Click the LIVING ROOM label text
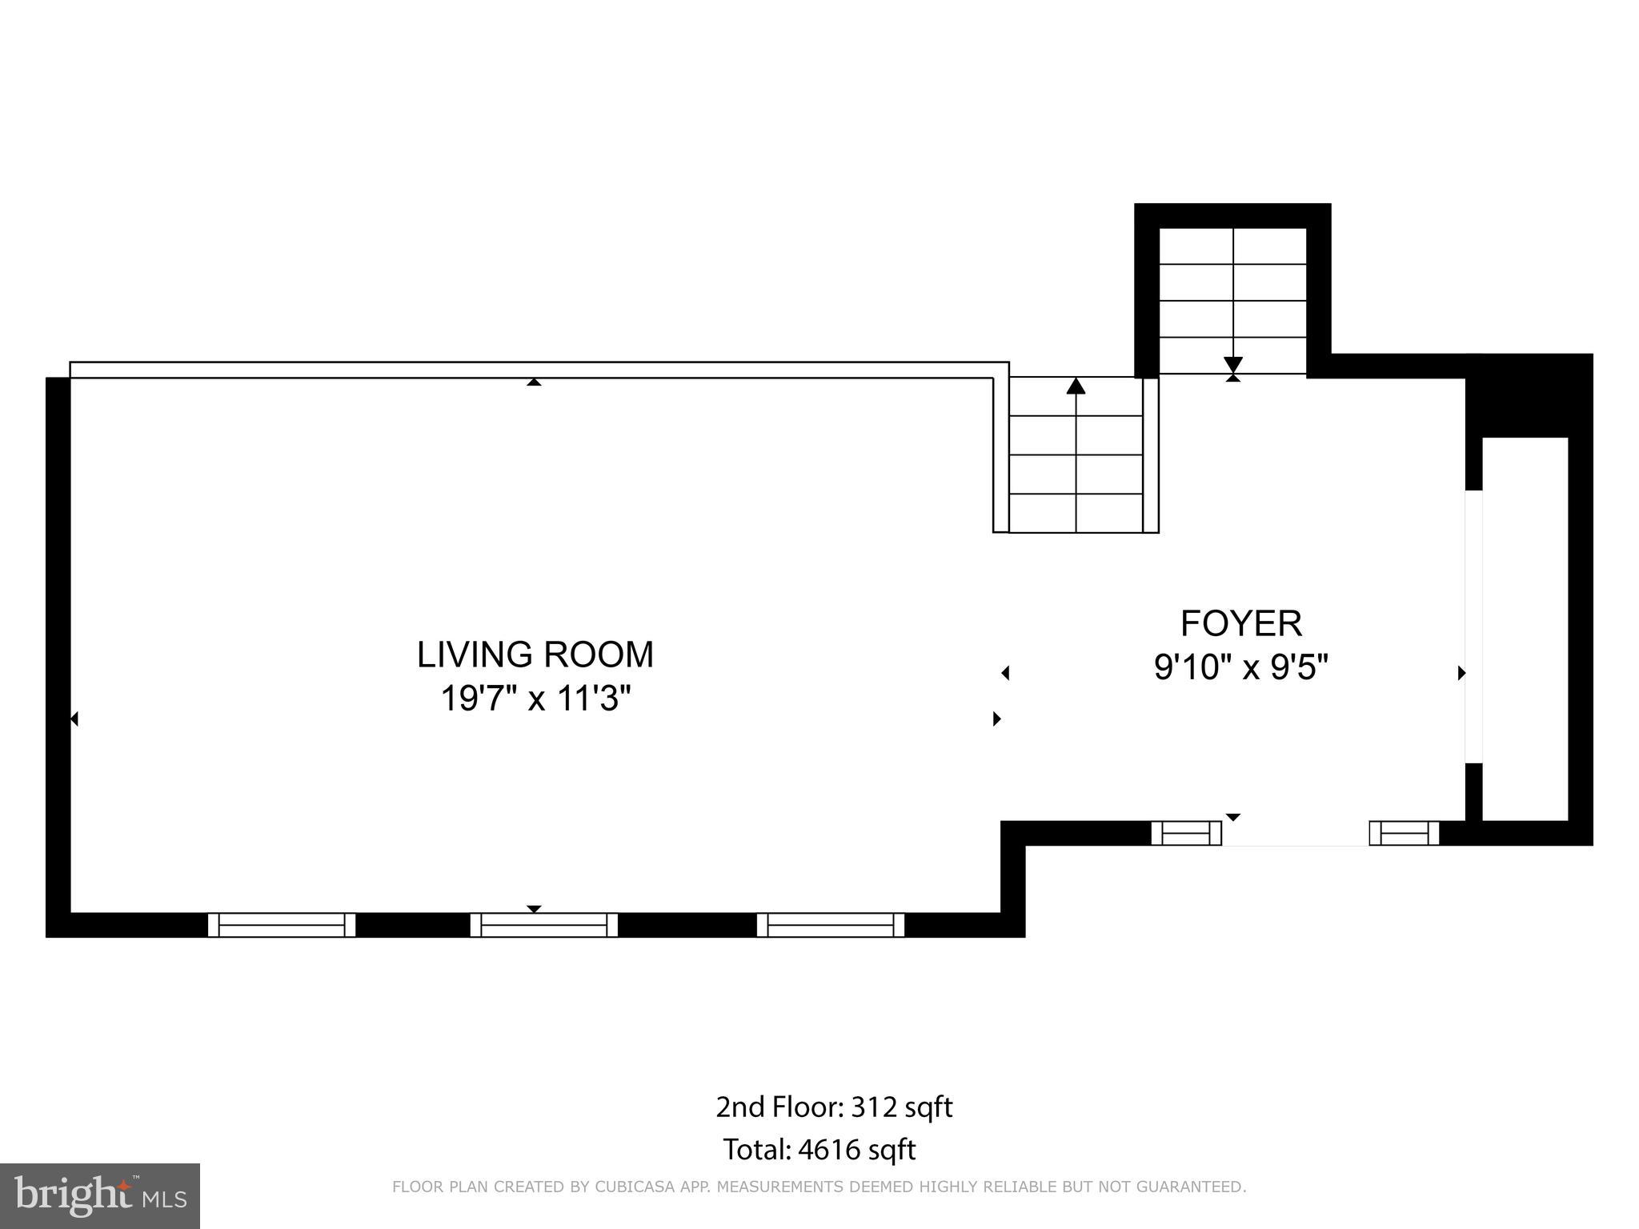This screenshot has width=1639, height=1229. tap(535, 655)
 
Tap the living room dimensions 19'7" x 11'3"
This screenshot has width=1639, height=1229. tap(535, 699)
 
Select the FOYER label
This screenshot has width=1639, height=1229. tap(1241, 623)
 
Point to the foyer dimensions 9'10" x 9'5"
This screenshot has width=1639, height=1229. tap(1240, 667)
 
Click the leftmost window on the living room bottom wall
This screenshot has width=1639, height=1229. tap(282, 925)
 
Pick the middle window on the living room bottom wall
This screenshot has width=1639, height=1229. tap(544, 925)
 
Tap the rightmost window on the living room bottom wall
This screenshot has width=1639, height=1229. tap(831, 925)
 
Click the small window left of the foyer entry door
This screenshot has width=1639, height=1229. tap(1186, 833)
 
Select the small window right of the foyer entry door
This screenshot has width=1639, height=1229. tap(1405, 833)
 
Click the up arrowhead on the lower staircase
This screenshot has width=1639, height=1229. tap(1076, 387)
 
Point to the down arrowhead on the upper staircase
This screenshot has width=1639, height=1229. tap(1232, 365)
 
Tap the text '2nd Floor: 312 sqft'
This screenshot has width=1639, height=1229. tap(834, 1107)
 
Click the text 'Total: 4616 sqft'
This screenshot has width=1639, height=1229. tap(819, 1150)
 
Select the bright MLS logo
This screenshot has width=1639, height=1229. tap(100, 1196)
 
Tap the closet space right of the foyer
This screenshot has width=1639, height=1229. tap(1525, 628)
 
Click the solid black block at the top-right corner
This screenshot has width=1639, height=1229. tap(1529, 395)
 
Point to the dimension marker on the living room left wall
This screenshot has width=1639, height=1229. tap(74, 719)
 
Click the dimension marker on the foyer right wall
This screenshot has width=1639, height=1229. tap(1461, 673)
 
